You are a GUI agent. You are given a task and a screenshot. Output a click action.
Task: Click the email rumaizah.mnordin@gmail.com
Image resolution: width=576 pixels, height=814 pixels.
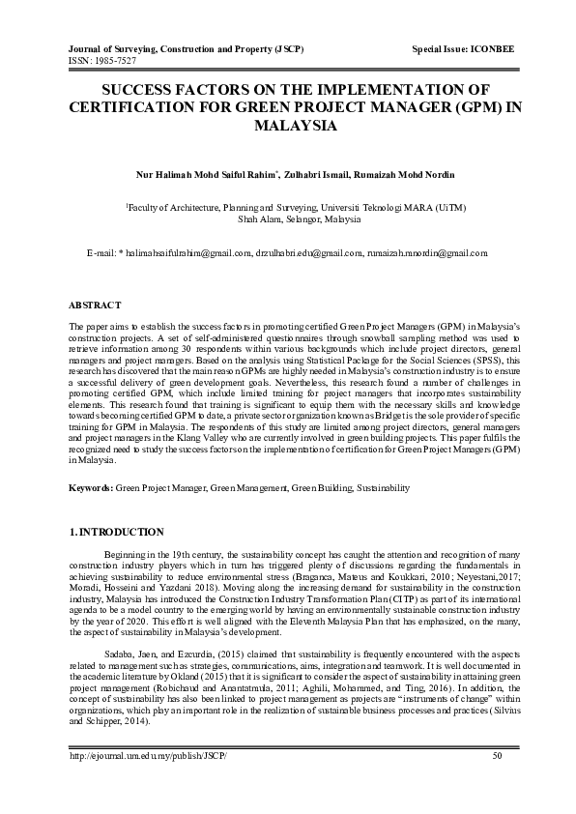pos(429,252)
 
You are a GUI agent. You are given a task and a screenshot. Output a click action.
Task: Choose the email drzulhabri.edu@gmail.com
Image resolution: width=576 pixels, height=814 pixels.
pos(309,252)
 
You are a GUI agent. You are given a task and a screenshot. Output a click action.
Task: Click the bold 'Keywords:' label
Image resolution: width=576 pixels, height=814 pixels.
pos(92,489)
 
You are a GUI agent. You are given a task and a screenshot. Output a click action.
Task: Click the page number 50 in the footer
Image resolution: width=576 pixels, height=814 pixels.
pos(497,782)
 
